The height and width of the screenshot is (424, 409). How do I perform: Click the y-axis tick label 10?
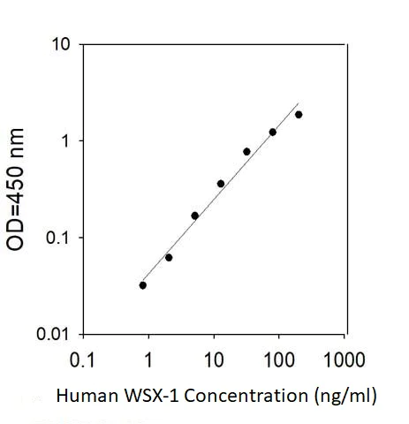click(59, 44)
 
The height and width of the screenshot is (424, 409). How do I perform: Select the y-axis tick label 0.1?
click(55, 238)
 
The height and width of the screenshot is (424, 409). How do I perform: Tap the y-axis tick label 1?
click(64, 141)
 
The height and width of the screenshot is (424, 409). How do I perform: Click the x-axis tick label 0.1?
click(82, 360)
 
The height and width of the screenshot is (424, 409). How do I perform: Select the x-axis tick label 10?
click(214, 360)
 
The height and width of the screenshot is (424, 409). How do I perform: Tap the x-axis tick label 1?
click(148, 360)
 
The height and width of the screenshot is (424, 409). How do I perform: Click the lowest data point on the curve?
click(143, 285)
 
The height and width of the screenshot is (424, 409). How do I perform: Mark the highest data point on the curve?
click(299, 115)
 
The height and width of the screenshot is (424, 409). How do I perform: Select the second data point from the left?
click(169, 257)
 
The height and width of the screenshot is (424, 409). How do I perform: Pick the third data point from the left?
click(194, 216)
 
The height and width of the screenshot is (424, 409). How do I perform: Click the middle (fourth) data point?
click(221, 184)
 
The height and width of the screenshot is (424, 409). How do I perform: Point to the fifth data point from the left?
click(246, 152)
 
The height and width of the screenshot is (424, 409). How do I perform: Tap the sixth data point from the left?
click(273, 132)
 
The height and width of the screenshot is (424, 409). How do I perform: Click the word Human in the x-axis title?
click(83, 397)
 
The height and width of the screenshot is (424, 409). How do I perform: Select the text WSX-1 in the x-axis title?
click(143, 397)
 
